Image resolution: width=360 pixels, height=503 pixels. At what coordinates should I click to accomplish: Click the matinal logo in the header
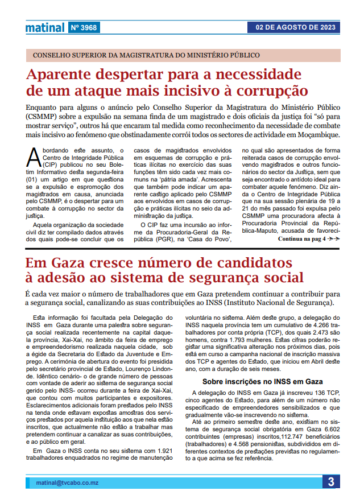click(44, 27)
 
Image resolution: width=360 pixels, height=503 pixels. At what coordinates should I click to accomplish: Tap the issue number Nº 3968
click(84, 27)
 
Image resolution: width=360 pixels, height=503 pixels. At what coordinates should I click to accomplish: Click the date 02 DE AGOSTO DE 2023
click(296, 27)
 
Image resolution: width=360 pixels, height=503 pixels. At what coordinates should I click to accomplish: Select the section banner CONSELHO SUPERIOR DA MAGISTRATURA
click(147, 55)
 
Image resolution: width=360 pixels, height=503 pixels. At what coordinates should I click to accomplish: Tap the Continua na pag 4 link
click(308, 240)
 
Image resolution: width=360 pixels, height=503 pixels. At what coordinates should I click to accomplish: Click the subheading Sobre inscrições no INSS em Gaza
click(262, 381)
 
